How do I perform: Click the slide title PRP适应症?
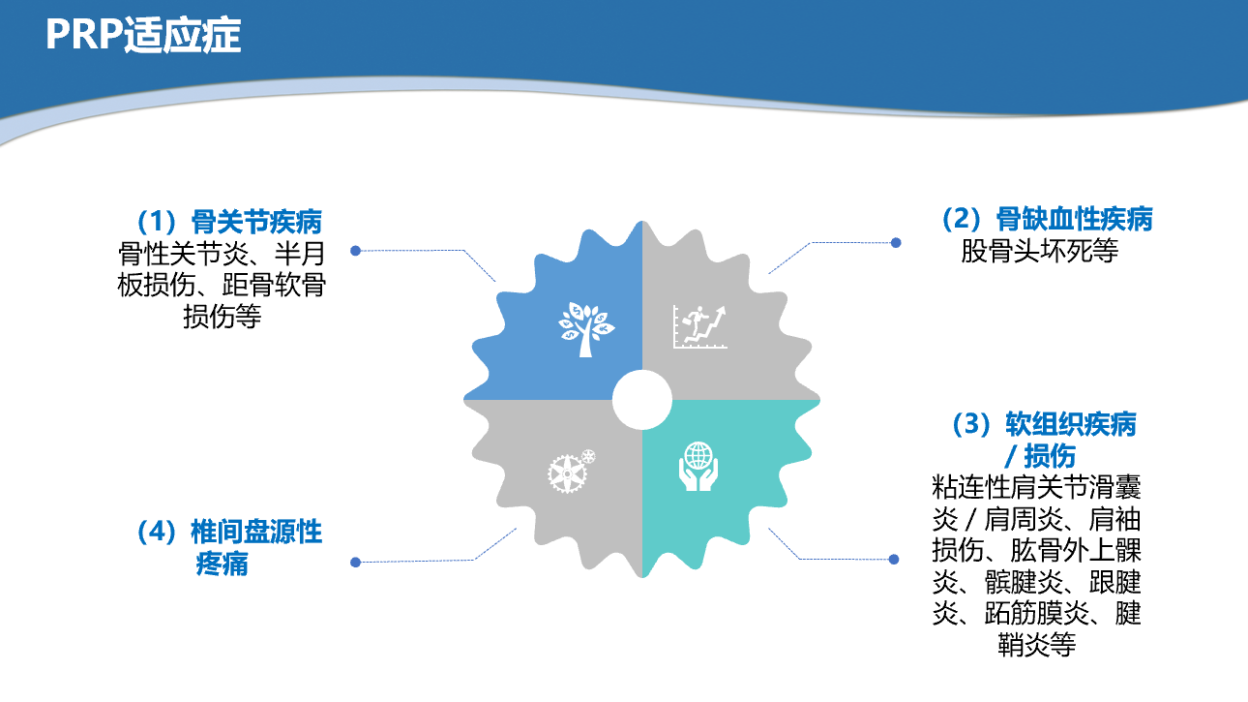tap(143, 35)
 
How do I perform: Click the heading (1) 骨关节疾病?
tap(229, 222)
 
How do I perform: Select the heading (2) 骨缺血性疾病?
tap(1047, 219)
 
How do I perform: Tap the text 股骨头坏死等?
tap(1039, 251)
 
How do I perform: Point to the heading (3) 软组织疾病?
tap(1044, 424)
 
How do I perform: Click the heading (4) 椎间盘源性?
tap(229, 532)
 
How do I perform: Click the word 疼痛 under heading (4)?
tap(222, 564)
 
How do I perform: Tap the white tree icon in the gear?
tap(586, 329)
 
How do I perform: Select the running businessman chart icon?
tap(699, 326)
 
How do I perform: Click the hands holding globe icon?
tap(698, 467)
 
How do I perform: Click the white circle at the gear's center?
tap(641, 400)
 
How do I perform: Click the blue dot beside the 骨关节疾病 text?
tap(355, 251)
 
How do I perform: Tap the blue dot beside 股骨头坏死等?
tap(896, 242)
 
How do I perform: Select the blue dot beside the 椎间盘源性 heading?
tap(355, 562)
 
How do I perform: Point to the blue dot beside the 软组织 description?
tap(894, 560)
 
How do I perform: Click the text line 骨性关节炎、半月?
tap(222, 254)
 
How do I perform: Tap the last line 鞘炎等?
tap(1036, 645)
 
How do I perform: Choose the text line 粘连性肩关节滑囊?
tap(1036, 487)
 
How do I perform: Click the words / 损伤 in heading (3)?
tap(1040, 455)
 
